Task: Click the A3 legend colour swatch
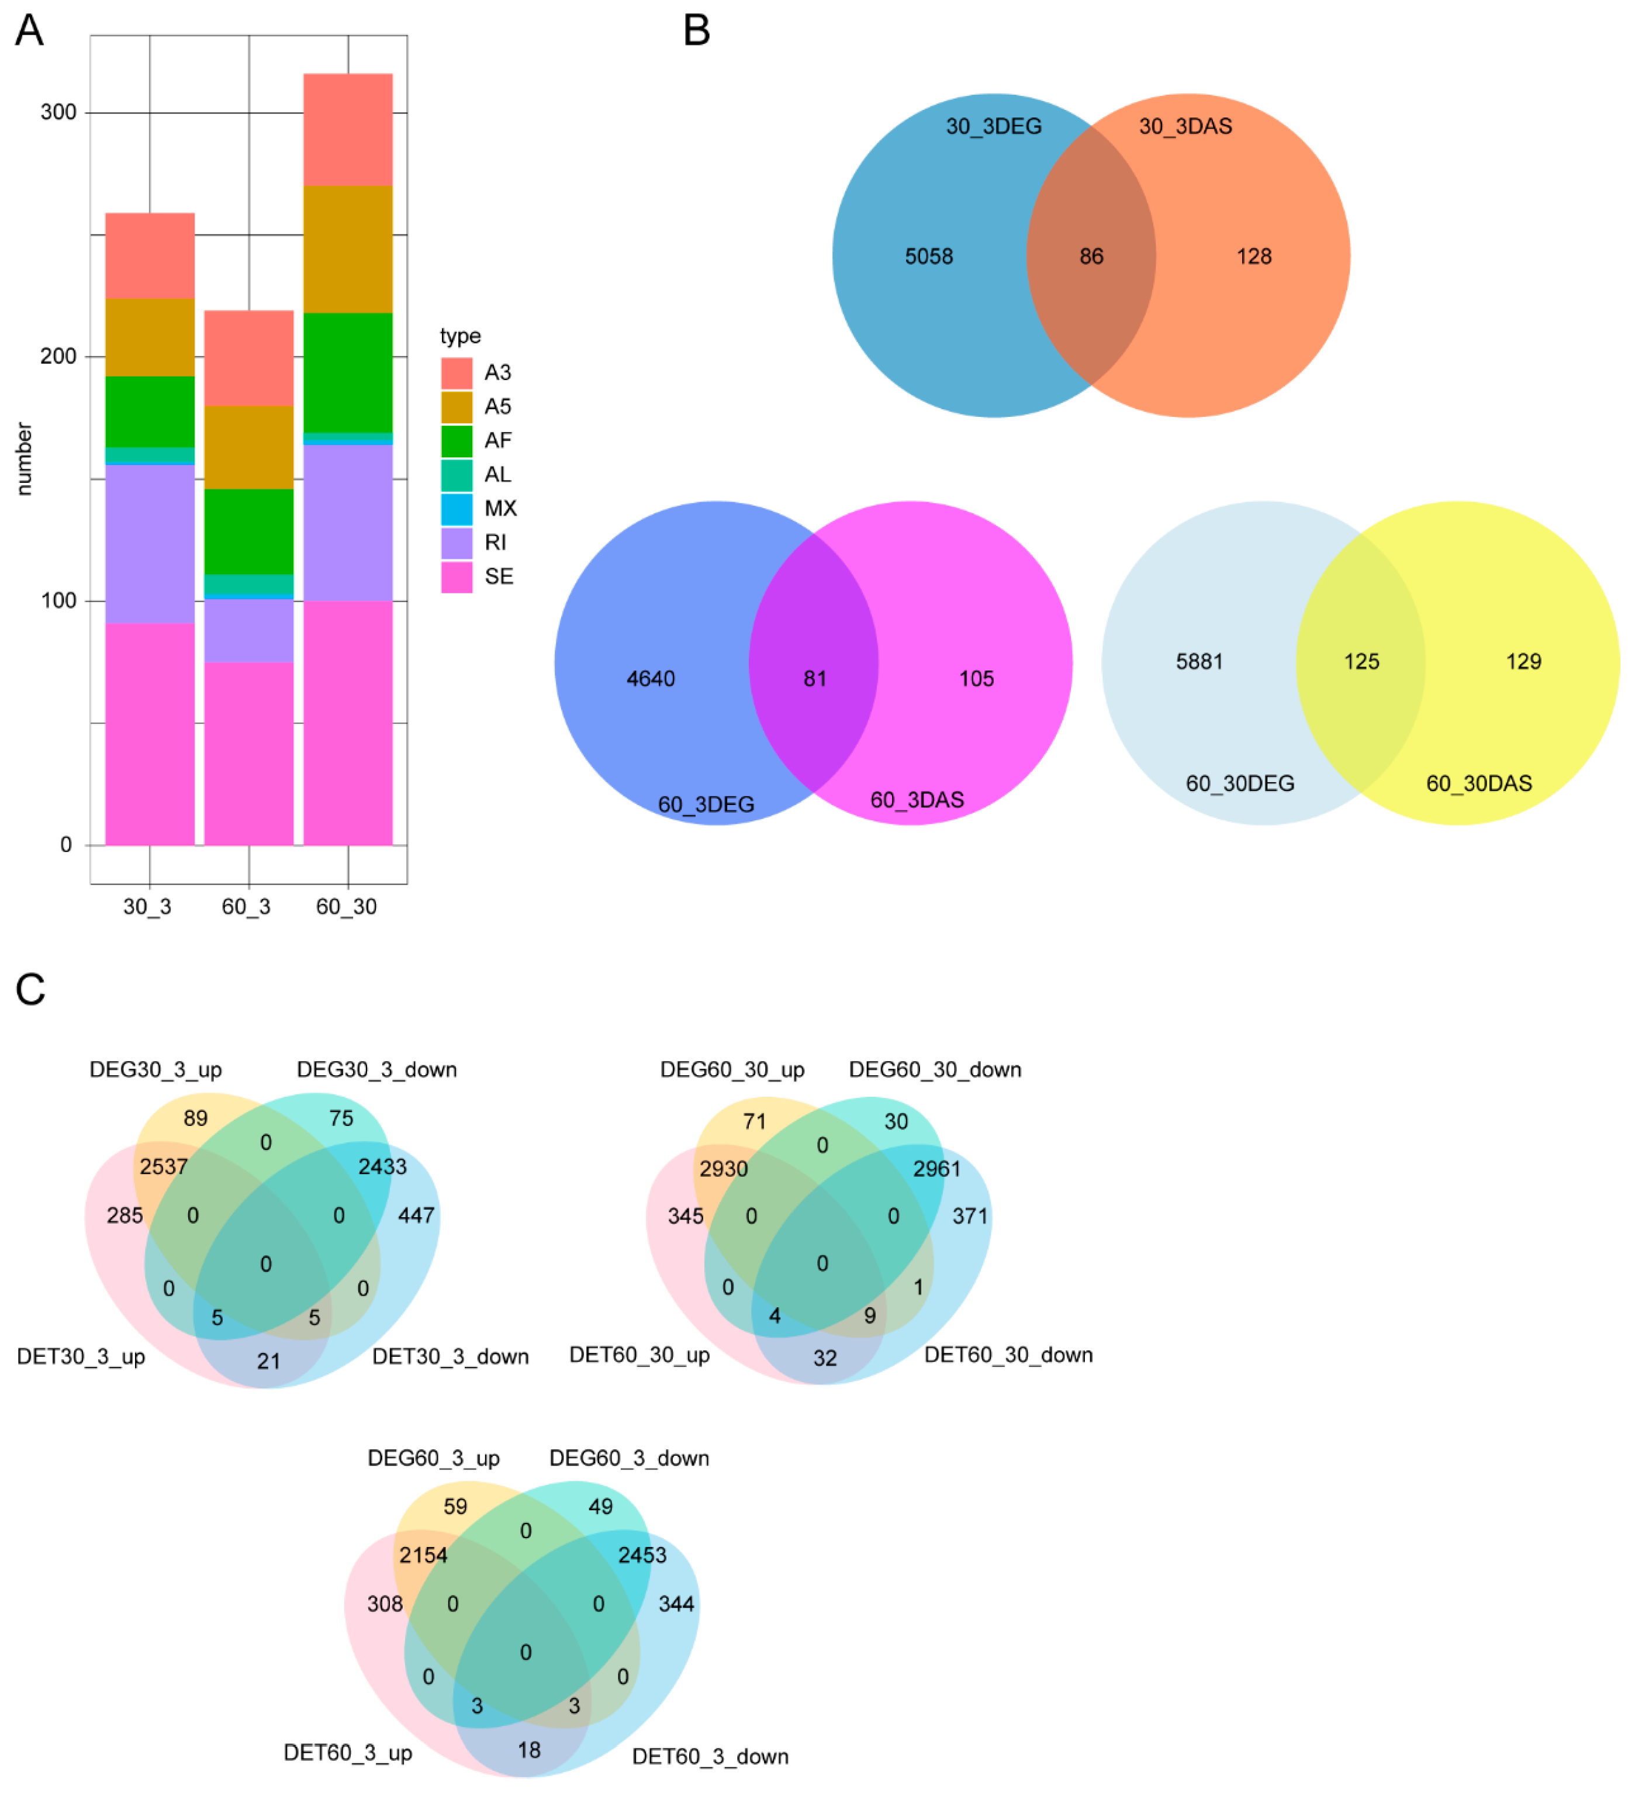click(456, 373)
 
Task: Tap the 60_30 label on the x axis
click(346, 907)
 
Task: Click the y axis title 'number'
click(24, 459)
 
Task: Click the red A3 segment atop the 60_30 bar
click(348, 130)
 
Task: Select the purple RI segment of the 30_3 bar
click(150, 544)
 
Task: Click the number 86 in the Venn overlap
click(1091, 257)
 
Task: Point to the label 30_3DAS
click(1185, 126)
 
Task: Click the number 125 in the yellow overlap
click(1361, 662)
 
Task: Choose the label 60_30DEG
click(1240, 783)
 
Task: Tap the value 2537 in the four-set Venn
click(164, 1166)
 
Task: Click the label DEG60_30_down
click(935, 1070)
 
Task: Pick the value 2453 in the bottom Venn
click(642, 1555)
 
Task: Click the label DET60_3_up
click(348, 1753)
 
